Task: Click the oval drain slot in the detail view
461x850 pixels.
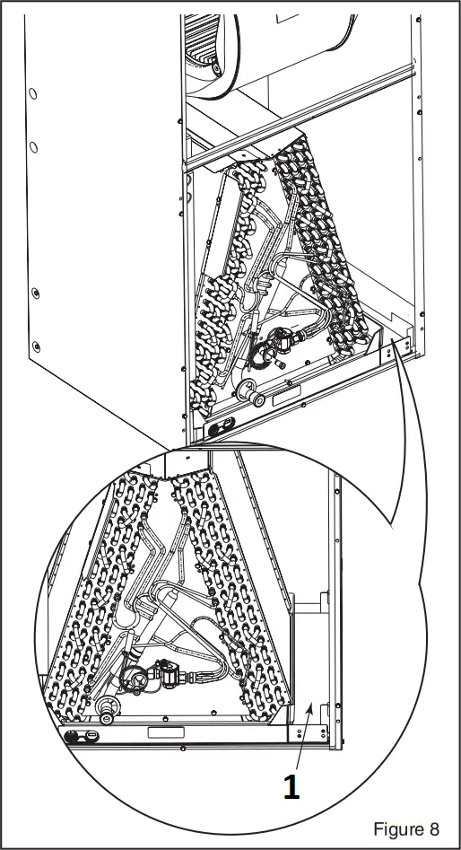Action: click(x=87, y=737)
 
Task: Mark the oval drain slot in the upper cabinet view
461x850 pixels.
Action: click(x=219, y=424)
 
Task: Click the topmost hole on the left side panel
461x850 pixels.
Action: click(x=32, y=92)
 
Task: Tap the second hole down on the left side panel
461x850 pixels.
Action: click(x=33, y=146)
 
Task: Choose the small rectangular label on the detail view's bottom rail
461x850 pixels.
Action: click(x=165, y=733)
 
